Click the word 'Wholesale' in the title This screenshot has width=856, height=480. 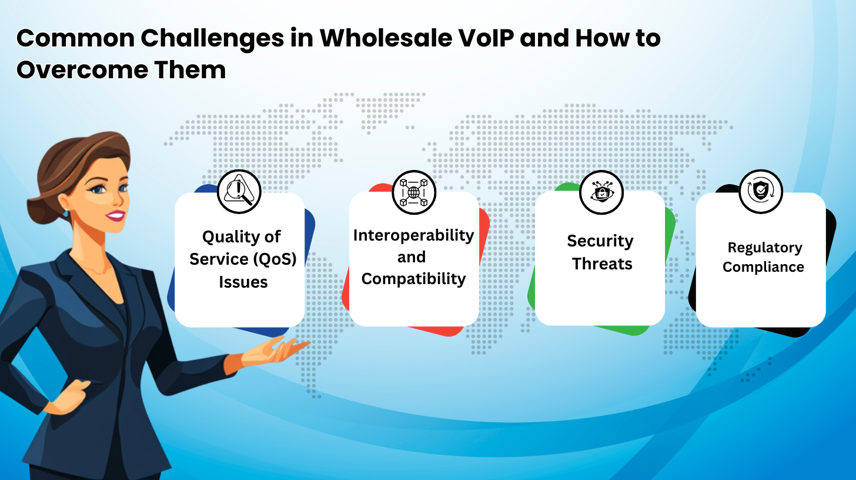pos(386,38)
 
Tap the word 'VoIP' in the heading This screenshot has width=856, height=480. pos(486,38)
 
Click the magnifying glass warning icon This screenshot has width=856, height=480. pos(239,192)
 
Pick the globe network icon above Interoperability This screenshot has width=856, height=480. pos(414,192)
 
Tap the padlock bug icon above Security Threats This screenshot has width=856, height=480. pos(601,192)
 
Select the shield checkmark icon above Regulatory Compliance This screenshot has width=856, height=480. pos(761,191)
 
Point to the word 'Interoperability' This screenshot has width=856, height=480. pos(413,236)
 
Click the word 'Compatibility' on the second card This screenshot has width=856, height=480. pos(413,279)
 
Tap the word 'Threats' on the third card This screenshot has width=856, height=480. pos(602,264)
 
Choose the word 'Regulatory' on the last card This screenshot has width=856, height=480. pos(765,248)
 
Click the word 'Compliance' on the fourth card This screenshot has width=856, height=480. pos(763,267)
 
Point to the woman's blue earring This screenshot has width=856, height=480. pos(66,213)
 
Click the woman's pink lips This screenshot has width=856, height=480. pos(116,216)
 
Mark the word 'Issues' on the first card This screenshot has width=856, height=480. pos(243,282)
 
